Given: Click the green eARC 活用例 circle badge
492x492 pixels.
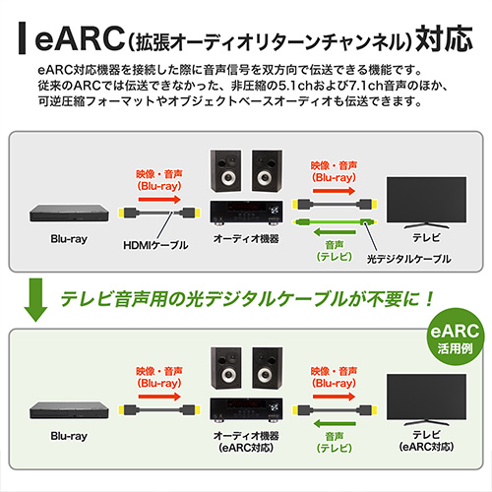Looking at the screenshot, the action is [455, 337].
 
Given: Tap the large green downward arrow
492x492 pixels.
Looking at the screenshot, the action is [35, 299].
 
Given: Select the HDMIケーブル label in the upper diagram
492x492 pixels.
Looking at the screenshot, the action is [155, 245].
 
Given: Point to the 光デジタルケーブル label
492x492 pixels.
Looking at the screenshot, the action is [408, 259].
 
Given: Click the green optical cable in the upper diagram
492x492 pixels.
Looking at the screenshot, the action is [335, 222].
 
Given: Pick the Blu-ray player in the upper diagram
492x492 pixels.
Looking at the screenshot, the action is [69, 214].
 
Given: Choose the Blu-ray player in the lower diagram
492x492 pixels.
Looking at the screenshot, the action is [69, 410].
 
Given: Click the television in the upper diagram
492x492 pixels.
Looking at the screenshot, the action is [426, 203].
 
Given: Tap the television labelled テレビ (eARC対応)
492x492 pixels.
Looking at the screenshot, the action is [426, 400].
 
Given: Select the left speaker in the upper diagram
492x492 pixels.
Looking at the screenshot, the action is [226, 171].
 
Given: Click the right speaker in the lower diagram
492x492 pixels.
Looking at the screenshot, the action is [268, 368].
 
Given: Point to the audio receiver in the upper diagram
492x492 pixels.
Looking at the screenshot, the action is [246, 213].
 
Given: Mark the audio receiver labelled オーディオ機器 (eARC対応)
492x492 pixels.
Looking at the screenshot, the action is [246, 409].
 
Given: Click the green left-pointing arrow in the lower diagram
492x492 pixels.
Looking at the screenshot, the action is [335, 424].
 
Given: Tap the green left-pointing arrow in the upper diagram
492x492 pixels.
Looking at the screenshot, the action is [335, 232].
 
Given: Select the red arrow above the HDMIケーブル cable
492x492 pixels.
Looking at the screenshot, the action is [159, 199].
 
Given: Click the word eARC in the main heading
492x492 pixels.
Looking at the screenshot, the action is [80, 39].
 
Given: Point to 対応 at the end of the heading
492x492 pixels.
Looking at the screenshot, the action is [444, 38].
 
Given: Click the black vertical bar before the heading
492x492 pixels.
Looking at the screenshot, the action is [22, 38].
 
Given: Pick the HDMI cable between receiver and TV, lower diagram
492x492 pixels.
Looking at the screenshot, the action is [335, 410].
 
